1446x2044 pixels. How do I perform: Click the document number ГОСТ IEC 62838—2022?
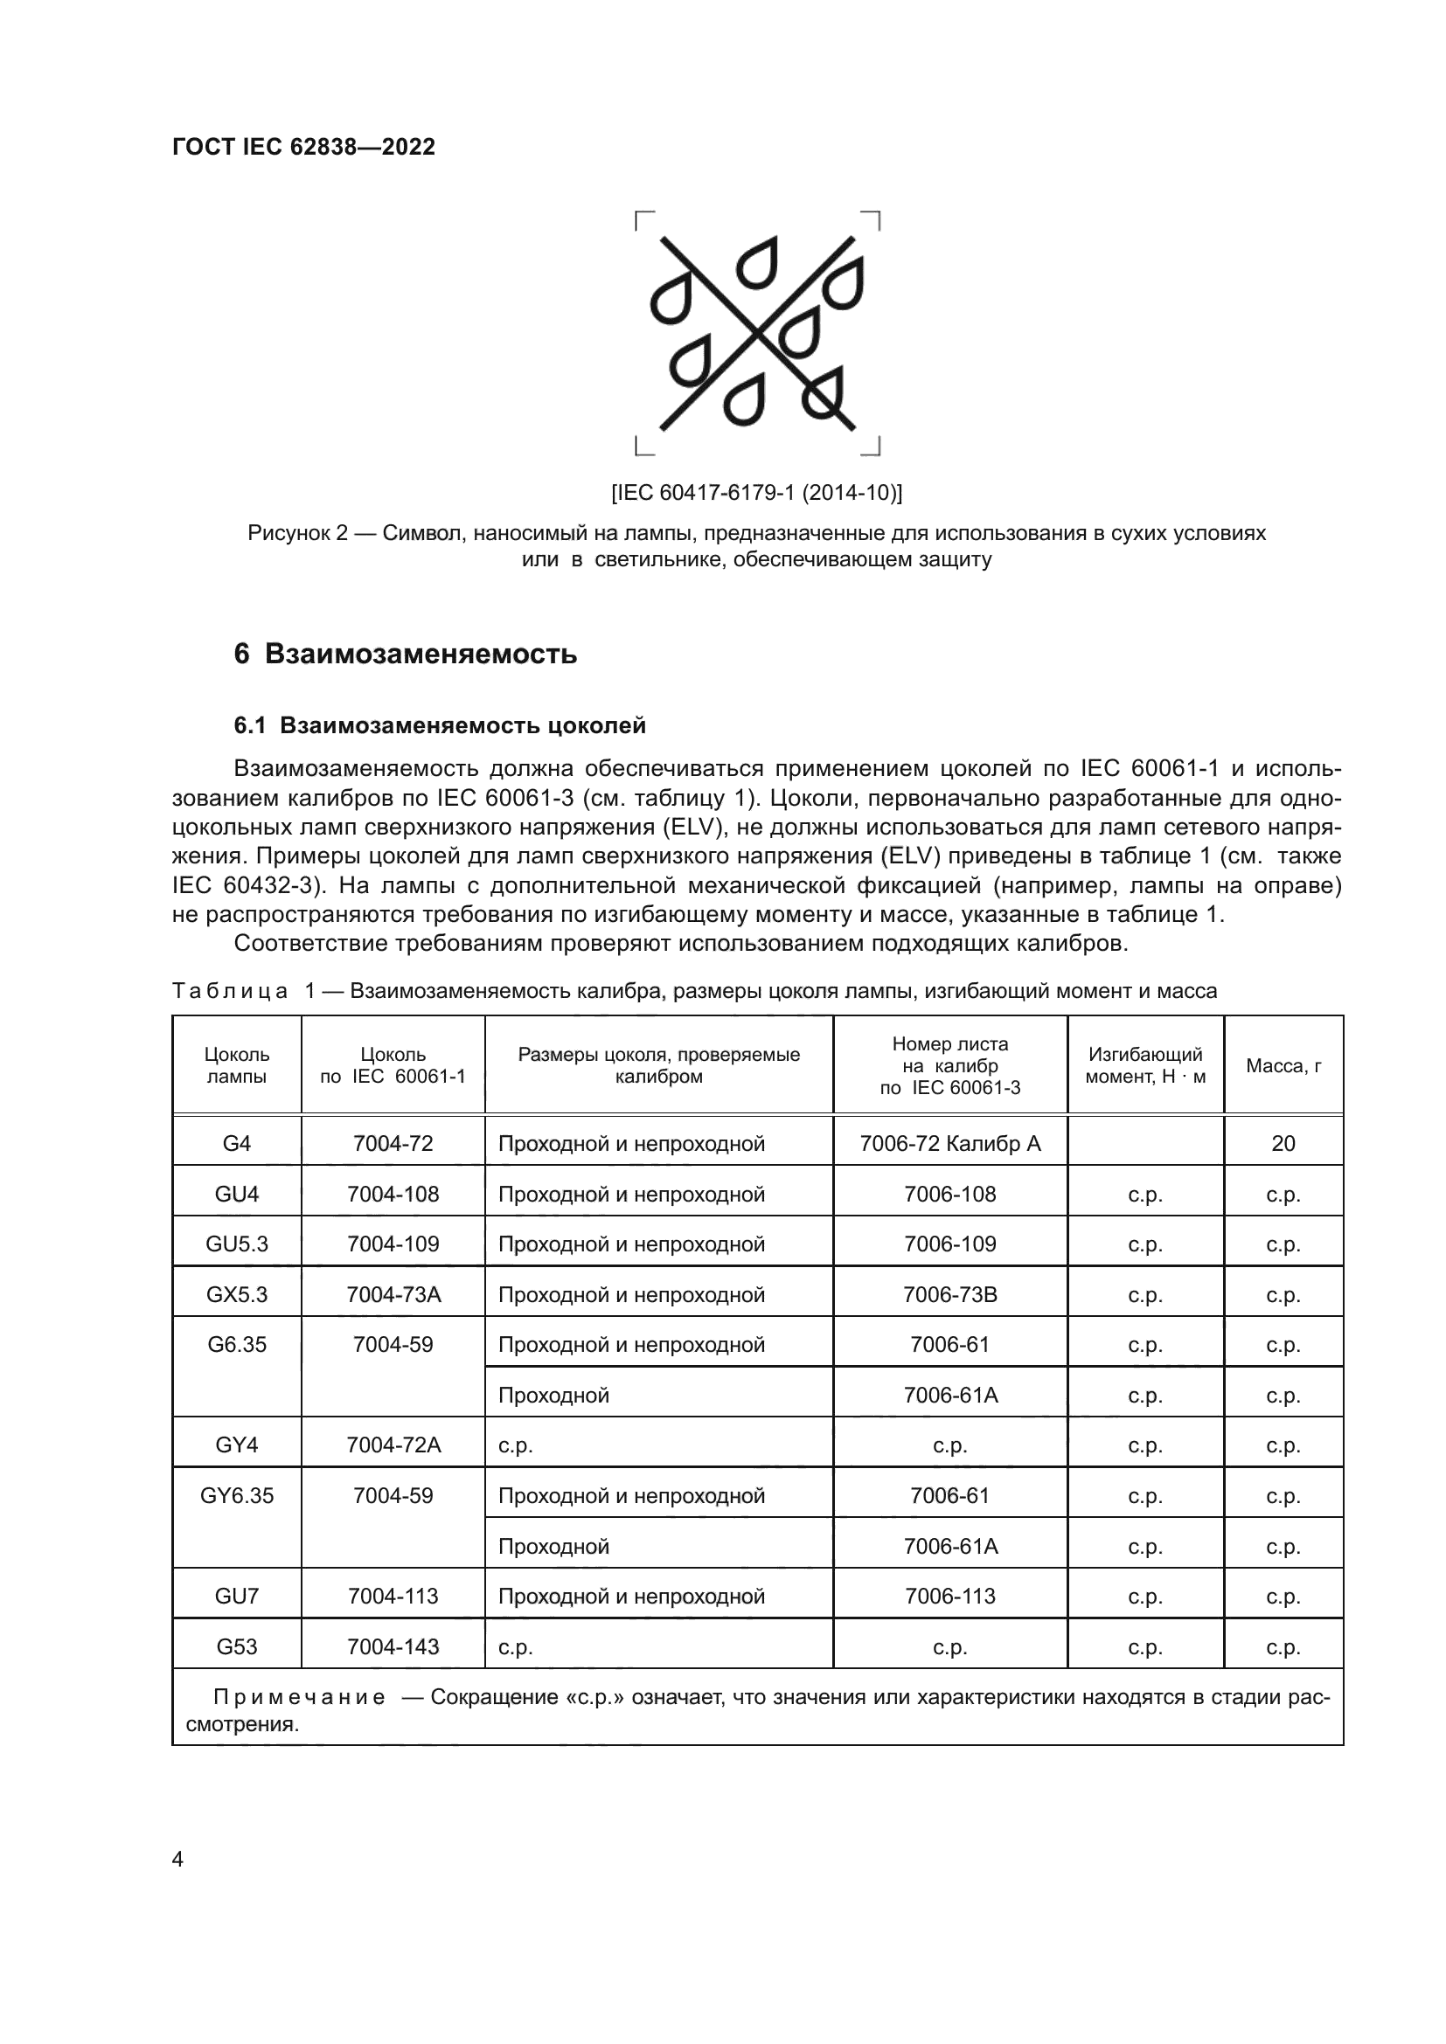coord(303,147)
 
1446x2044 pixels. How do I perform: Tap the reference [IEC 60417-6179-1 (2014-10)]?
coord(756,492)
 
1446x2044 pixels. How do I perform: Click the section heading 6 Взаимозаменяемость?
coord(405,655)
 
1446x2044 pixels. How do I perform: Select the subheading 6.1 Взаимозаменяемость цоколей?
coord(440,725)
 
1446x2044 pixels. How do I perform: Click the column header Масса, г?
coord(1283,1065)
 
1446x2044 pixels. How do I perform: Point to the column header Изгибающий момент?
coord(1145,1065)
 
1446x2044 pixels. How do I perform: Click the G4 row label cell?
coord(237,1143)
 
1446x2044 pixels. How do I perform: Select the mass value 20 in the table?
coord(1283,1143)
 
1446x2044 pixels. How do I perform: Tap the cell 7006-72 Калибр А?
coord(950,1143)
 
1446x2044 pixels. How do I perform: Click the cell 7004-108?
coord(393,1194)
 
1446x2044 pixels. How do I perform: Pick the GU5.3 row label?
coord(237,1244)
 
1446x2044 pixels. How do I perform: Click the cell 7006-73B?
coord(950,1294)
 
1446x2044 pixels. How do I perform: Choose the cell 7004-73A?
coord(393,1294)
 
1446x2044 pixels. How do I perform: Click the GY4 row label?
coord(237,1445)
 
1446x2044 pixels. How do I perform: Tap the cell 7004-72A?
coord(393,1445)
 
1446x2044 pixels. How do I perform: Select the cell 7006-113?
coord(950,1597)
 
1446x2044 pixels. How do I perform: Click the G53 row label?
coord(237,1647)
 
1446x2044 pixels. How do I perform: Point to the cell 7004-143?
coord(393,1647)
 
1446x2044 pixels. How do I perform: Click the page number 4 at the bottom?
coord(177,1860)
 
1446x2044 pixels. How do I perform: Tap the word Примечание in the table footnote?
coord(298,1698)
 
